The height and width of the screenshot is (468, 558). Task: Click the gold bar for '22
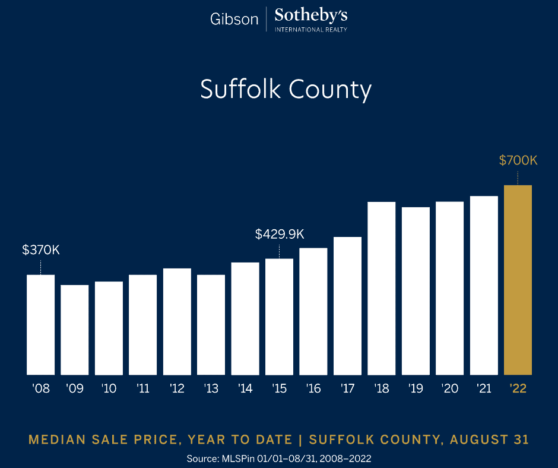[518, 280]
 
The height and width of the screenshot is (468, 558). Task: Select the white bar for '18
[381, 288]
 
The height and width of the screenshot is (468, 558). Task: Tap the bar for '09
[75, 330]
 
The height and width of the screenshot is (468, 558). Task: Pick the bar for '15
[279, 317]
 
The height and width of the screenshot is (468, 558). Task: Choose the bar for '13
[211, 324]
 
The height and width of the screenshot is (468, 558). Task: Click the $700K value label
[518, 160]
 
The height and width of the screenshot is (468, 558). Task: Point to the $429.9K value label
[280, 234]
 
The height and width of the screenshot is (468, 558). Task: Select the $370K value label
[41, 249]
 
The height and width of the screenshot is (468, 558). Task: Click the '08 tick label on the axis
[41, 389]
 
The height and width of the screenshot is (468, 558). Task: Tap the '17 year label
[347, 389]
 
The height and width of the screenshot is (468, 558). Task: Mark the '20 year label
[449, 389]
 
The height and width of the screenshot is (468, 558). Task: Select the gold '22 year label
[518, 389]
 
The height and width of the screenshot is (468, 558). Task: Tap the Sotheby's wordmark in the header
[311, 15]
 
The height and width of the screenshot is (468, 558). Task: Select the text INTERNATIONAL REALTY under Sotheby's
[311, 29]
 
